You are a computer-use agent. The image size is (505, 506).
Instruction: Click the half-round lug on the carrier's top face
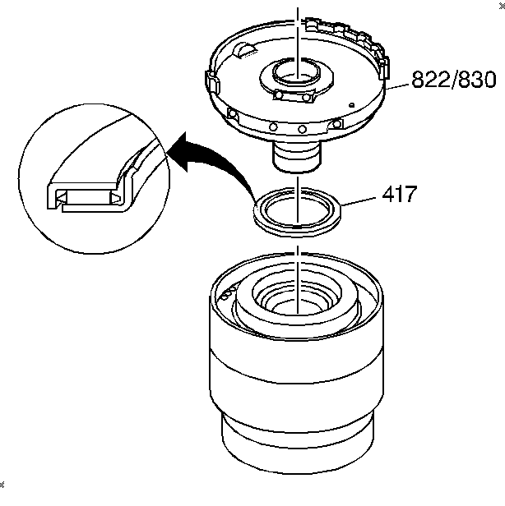point(244,51)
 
